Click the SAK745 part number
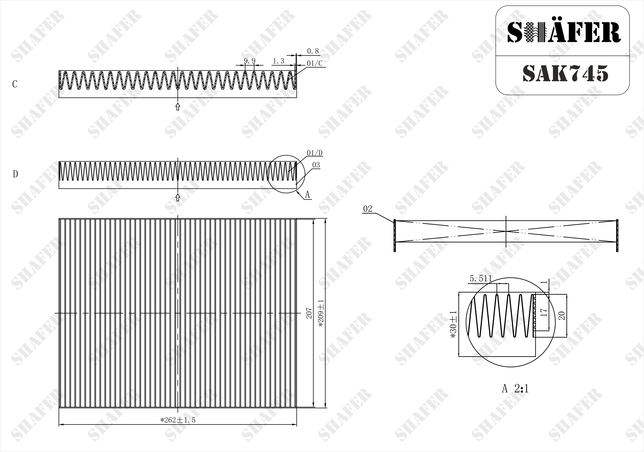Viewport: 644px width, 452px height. (565, 74)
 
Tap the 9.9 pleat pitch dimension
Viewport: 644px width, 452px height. (250, 61)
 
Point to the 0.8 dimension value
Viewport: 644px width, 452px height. (313, 51)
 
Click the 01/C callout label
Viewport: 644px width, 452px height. (315, 63)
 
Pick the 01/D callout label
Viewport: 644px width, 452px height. (315, 153)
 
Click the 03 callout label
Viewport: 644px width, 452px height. (316, 165)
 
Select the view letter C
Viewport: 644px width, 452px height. (15, 84)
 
